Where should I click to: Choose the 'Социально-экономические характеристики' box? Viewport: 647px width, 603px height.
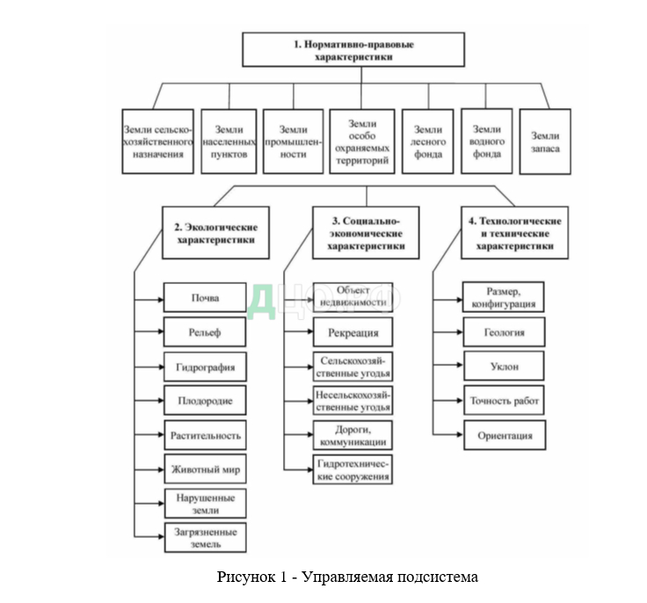366,232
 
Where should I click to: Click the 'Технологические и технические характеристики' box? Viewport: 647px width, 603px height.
514,232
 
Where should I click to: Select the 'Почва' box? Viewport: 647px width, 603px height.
206,298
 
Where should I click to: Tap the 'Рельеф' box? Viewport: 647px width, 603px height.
206,332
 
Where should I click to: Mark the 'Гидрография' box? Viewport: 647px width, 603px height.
206,367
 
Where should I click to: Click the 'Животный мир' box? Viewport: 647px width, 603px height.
206,469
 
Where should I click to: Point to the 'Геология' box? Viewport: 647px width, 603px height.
504,333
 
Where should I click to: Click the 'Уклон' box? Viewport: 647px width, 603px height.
504,367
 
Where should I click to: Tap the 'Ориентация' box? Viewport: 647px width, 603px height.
504,435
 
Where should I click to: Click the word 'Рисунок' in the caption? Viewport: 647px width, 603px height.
244,578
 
